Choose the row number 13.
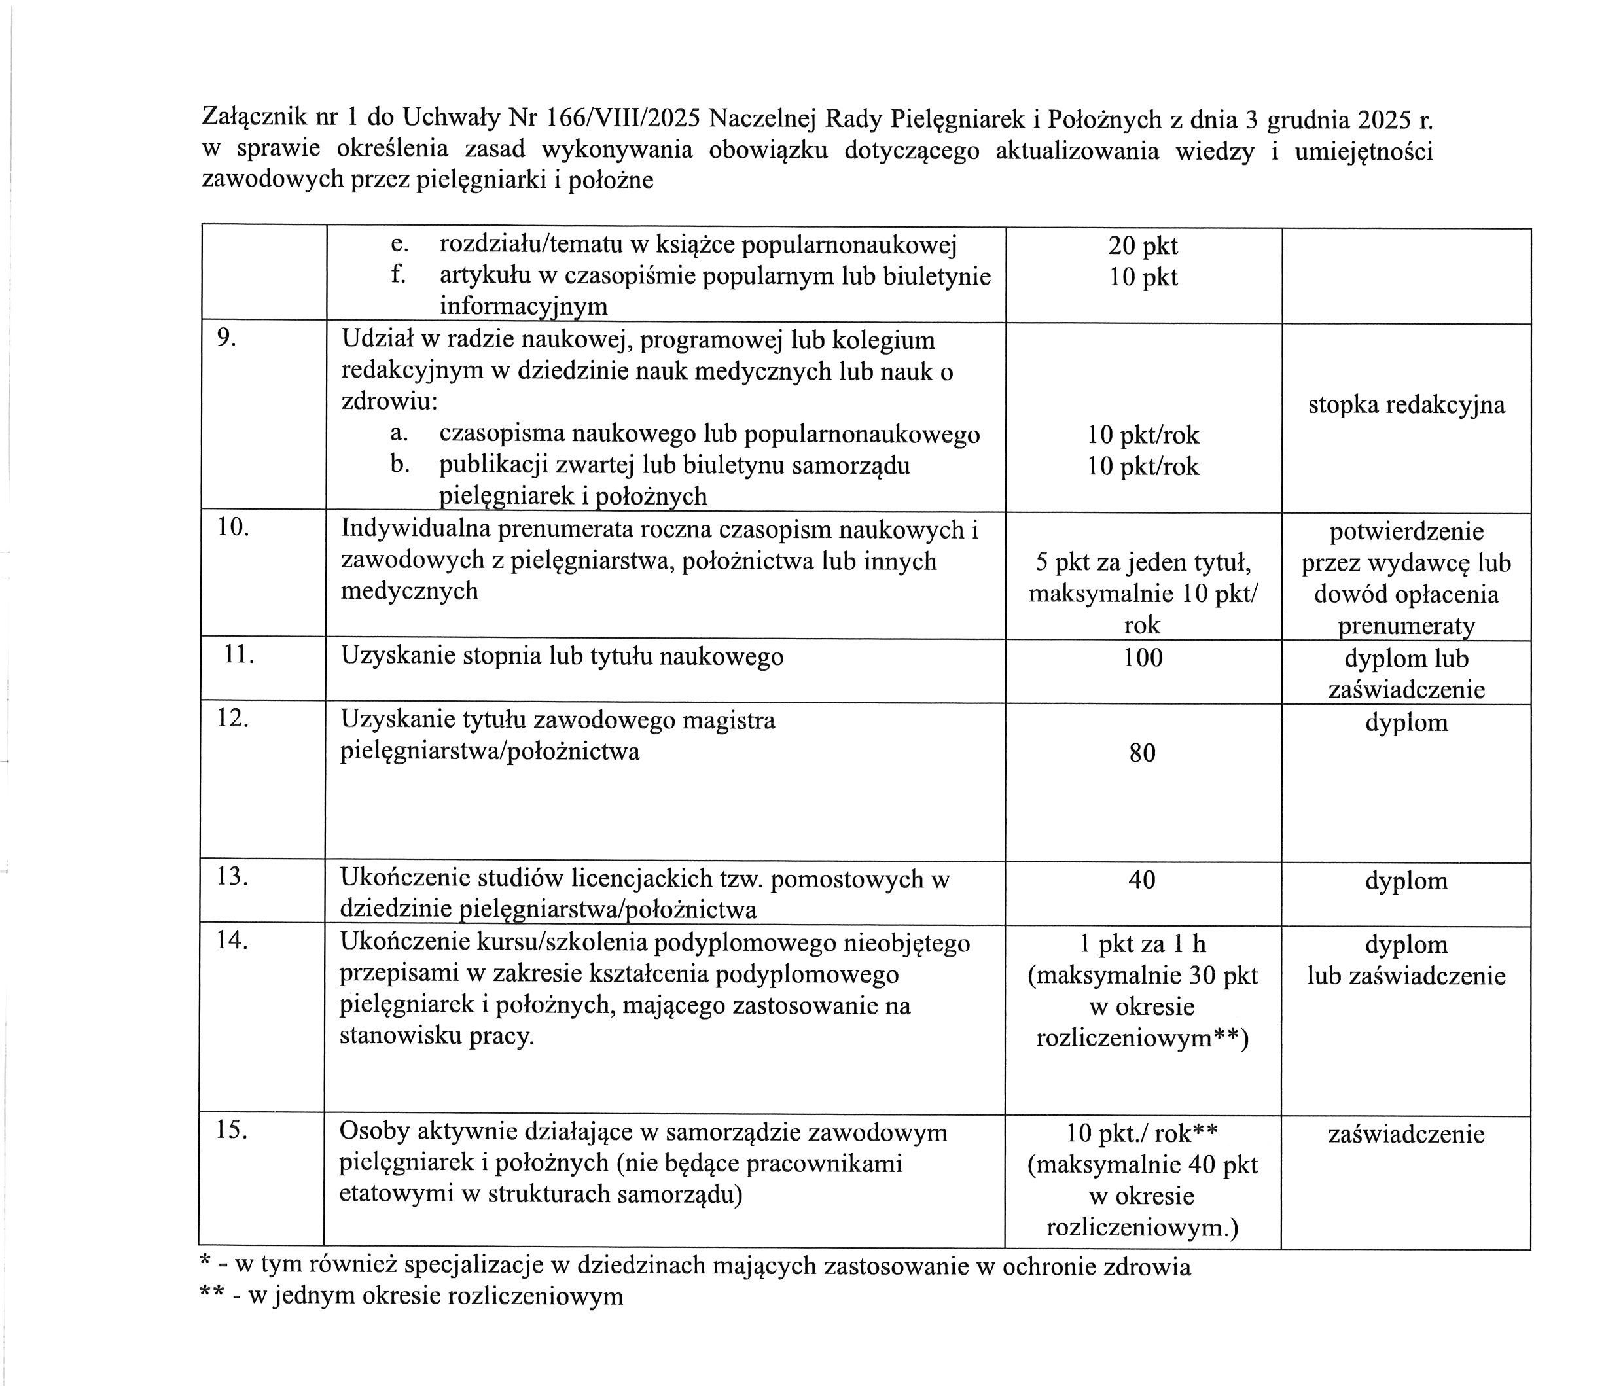(x=232, y=876)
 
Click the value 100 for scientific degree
(x=1143, y=657)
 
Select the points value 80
(x=1143, y=753)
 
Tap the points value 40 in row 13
(x=1142, y=880)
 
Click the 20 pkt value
(x=1143, y=246)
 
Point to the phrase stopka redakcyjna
(x=1406, y=405)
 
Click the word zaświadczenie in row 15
(x=1406, y=1135)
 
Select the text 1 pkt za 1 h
(x=1143, y=944)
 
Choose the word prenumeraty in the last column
(x=1406, y=626)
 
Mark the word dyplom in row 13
(x=1406, y=881)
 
